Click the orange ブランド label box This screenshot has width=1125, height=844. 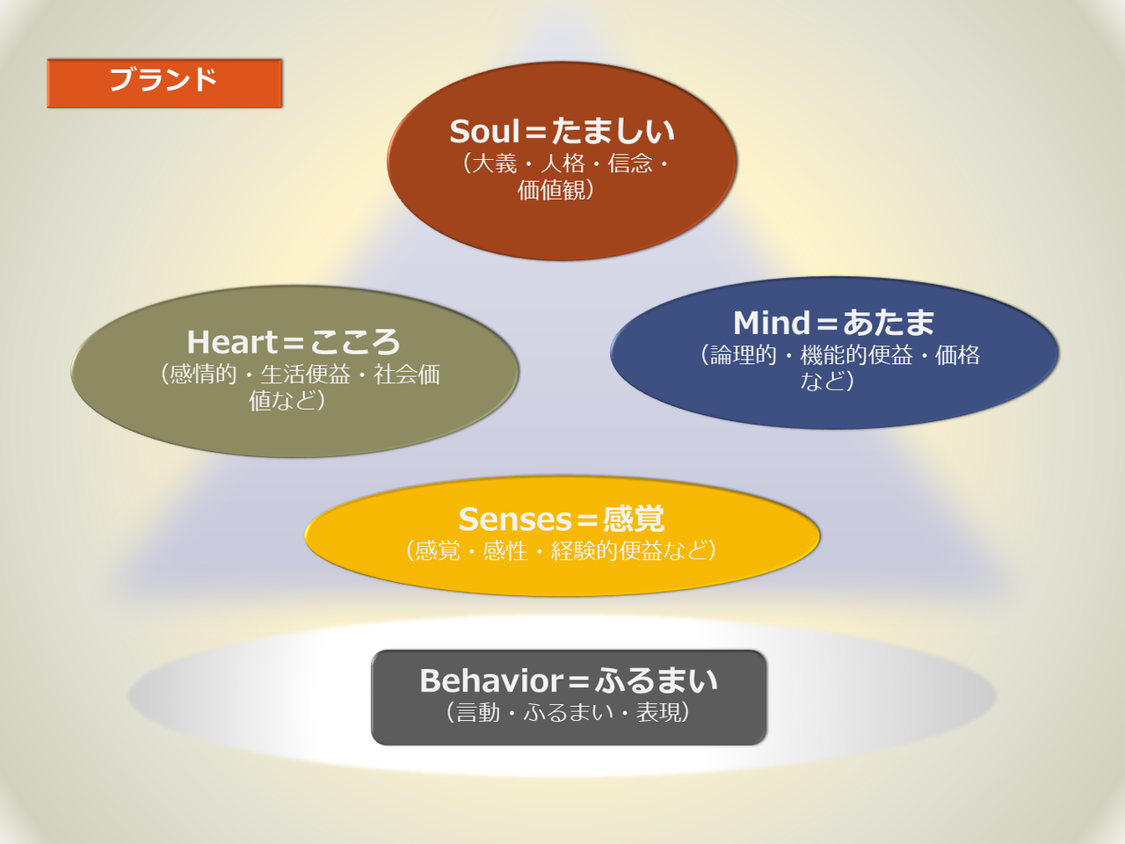(x=164, y=83)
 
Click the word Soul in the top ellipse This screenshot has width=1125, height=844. (x=485, y=132)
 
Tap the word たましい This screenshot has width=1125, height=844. (x=613, y=132)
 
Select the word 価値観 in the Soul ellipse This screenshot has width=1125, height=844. (x=551, y=190)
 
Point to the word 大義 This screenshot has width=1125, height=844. (x=494, y=164)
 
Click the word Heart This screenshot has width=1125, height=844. (x=232, y=342)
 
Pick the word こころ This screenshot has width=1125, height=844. (x=355, y=342)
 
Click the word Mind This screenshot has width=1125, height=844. (x=772, y=323)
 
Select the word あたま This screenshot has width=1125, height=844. (x=889, y=323)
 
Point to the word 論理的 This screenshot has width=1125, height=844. (x=744, y=355)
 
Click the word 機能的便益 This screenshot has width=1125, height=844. (x=856, y=355)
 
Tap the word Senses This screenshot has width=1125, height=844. (x=515, y=519)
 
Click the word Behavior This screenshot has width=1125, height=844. (x=491, y=680)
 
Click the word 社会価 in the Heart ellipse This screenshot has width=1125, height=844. (x=407, y=375)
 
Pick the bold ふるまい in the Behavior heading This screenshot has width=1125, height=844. (x=657, y=680)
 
